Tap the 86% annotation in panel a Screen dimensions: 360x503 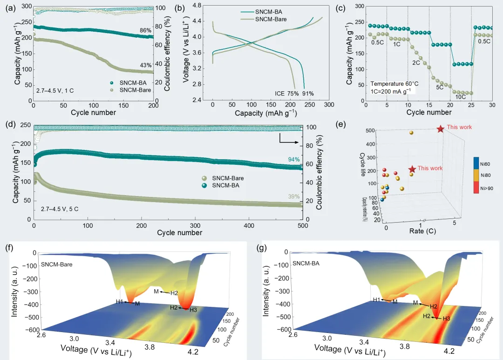(x=146, y=31)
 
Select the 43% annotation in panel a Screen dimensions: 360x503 (x=146, y=65)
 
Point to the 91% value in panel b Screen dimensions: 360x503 (x=308, y=93)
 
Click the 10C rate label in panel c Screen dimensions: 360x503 (x=460, y=97)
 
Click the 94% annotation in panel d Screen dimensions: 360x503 (x=294, y=160)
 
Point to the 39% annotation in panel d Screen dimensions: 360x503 (x=294, y=197)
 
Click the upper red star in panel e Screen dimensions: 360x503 (x=440, y=129)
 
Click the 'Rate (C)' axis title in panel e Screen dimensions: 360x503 (x=422, y=231)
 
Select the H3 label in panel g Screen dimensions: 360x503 (x=446, y=319)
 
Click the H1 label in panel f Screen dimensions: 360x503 (x=120, y=302)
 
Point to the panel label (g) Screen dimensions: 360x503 (x=262, y=248)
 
